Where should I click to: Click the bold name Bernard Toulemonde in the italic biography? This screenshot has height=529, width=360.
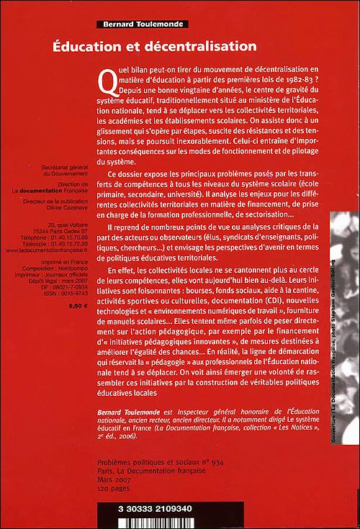[x=127, y=408]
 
